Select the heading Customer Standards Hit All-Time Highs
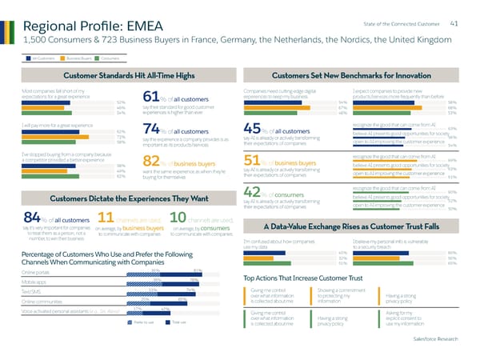129,74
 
